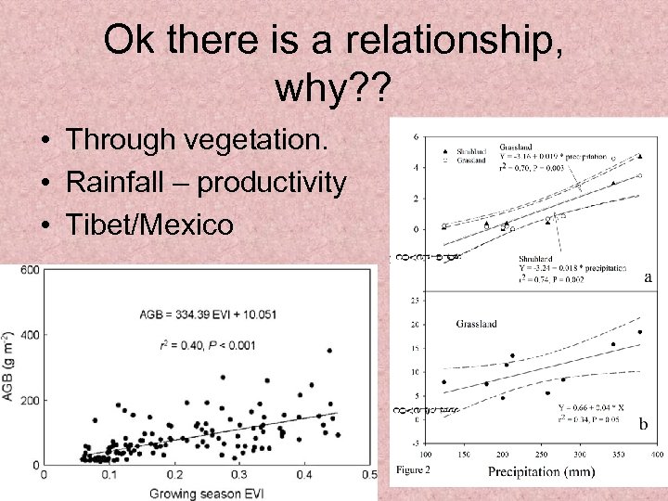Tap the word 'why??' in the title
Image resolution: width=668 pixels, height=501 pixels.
tap(334, 90)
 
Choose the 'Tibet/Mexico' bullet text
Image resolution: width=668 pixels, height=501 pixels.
tap(150, 225)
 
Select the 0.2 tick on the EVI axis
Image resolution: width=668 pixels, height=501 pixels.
tap(173, 475)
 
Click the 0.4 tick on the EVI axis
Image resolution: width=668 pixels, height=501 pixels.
tap(303, 475)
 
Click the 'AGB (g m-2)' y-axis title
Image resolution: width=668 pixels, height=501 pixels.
tap(8, 366)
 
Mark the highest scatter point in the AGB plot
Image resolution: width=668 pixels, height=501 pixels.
tap(329, 351)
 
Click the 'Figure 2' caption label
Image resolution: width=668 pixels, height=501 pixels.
tap(413, 469)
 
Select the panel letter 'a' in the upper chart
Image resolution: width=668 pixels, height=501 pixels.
tap(646, 276)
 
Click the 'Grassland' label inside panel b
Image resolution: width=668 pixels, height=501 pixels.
tap(476, 324)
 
